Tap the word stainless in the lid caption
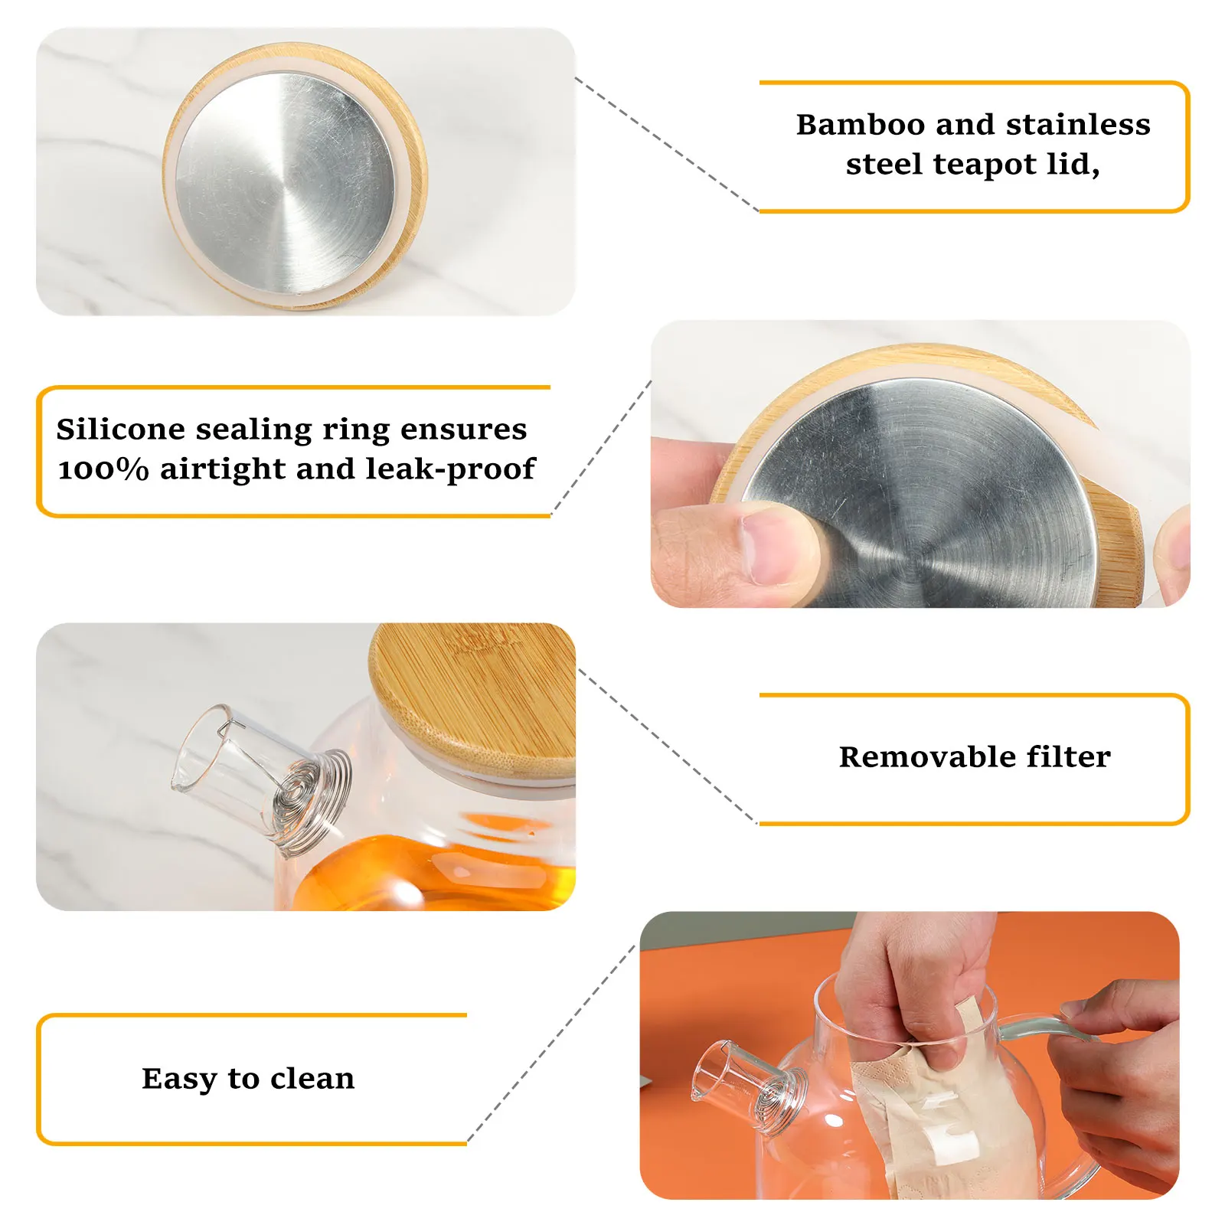tap(1078, 124)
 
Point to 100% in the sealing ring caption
tap(103, 469)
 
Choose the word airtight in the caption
tap(222, 469)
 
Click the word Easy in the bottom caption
tap(179, 1080)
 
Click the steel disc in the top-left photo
tap(285, 184)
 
